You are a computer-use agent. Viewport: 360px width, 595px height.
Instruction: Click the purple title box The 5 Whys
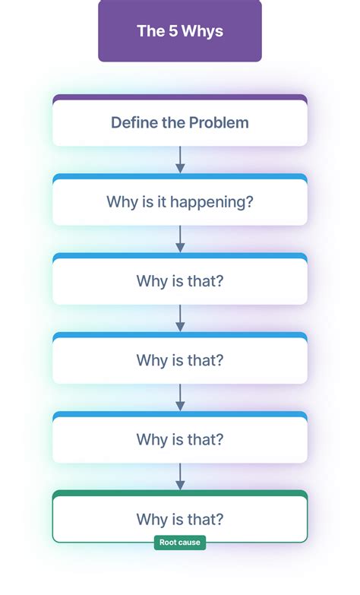pyautogui.click(x=180, y=30)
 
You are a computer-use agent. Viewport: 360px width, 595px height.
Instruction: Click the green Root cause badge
pyautogui.click(x=180, y=543)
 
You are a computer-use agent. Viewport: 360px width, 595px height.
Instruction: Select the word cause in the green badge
pyautogui.click(x=191, y=543)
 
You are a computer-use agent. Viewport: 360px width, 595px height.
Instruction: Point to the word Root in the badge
pyautogui.click(x=168, y=543)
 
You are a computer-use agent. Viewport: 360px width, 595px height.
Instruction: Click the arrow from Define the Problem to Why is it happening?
pyautogui.click(x=180, y=159)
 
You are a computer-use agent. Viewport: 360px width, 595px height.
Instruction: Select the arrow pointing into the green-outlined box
pyautogui.click(x=180, y=476)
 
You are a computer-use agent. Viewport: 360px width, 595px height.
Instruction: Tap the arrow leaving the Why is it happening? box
pyautogui.click(x=180, y=239)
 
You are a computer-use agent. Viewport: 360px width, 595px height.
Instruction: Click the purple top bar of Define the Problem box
pyautogui.click(x=180, y=97)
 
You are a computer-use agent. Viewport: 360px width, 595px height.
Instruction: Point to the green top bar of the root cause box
pyautogui.click(x=180, y=494)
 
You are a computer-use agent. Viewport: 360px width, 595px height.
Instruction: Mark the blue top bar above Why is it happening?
pyautogui.click(x=180, y=177)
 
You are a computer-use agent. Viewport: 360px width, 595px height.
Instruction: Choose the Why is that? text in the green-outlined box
pyautogui.click(x=180, y=520)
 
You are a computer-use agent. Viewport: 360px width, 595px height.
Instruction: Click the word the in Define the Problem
pyautogui.click(x=171, y=122)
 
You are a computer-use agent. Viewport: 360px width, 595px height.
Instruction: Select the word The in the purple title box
pyautogui.click(x=149, y=31)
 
